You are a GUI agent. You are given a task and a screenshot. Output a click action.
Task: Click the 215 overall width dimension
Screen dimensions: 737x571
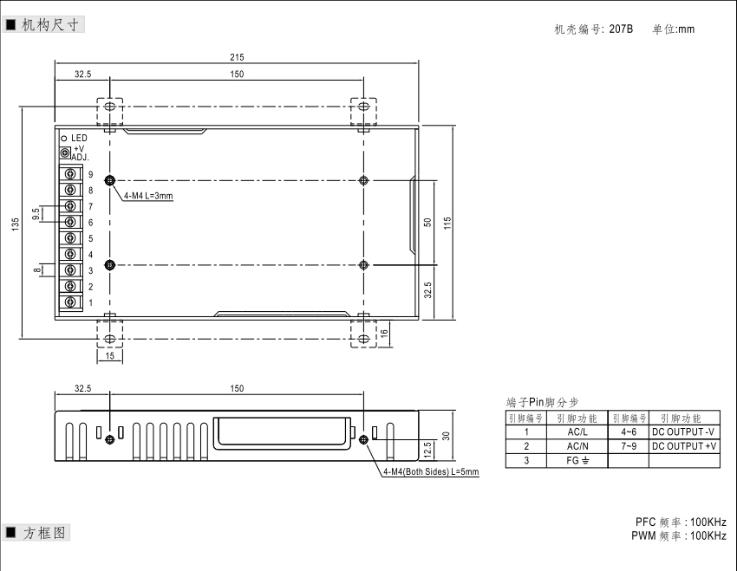[x=237, y=57]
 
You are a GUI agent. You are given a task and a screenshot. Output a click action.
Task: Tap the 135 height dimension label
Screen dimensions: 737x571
[x=16, y=224]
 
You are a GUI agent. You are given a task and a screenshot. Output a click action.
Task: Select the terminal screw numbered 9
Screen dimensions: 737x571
[x=70, y=174]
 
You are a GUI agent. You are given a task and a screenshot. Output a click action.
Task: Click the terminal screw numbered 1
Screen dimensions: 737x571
[x=70, y=302]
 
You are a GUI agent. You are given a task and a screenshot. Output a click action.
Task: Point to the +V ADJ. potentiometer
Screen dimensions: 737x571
[x=65, y=152]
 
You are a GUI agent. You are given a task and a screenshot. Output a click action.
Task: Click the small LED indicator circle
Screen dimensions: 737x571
[x=64, y=139]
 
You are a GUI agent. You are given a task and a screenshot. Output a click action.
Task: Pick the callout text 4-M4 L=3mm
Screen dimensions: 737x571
[x=148, y=195]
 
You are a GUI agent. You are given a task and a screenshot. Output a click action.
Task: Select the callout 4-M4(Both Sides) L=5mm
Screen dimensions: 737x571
[x=431, y=471]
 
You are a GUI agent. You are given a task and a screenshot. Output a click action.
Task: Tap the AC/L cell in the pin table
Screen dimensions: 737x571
[x=577, y=432]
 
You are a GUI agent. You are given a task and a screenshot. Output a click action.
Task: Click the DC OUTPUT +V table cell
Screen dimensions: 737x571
[x=684, y=446]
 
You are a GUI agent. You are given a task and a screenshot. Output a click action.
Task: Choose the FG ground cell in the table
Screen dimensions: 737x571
[x=577, y=461]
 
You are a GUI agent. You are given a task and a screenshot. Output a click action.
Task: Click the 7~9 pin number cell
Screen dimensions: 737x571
[x=629, y=446]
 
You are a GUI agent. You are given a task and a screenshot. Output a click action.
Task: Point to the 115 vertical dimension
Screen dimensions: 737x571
[x=447, y=223]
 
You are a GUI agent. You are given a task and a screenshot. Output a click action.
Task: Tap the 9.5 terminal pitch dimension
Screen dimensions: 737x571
[x=36, y=214]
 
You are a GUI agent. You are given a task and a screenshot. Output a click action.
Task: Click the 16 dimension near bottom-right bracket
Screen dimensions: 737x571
[x=384, y=333]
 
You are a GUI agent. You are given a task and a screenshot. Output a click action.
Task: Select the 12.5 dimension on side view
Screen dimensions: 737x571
[x=427, y=450]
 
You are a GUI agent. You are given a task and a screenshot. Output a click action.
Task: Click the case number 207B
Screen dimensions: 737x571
[x=621, y=29]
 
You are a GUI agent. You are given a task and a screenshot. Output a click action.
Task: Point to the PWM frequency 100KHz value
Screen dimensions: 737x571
[x=708, y=535]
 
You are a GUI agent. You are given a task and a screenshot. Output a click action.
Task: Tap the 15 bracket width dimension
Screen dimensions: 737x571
[x=109, y=356]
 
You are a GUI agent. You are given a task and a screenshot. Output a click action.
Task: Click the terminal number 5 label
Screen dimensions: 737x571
[x=91, y=238]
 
